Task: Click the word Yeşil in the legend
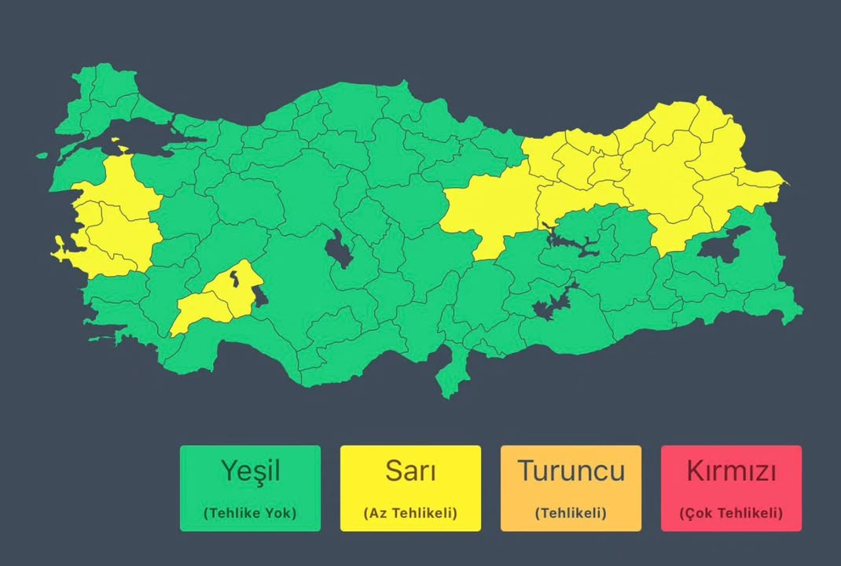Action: point(250,471)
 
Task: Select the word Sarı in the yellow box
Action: point(410,471)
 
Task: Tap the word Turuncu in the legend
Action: point(571,471)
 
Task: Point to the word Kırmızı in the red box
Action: point(731,471)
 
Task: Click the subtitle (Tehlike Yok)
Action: point(250,513)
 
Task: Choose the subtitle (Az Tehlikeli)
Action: point(410,513)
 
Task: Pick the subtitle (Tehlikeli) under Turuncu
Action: point(571,513)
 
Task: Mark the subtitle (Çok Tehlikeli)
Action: point(731,513)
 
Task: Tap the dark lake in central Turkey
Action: point(340,249)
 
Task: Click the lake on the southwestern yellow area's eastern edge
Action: point(260,297)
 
